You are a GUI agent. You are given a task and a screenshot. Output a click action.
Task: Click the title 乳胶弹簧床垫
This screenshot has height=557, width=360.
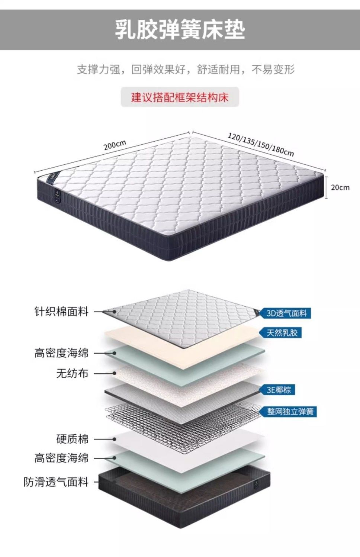(180, 30)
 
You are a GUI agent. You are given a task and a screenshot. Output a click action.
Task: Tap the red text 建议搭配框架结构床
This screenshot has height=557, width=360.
(180, 97)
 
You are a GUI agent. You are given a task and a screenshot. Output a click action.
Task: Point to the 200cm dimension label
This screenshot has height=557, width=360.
(115, 145)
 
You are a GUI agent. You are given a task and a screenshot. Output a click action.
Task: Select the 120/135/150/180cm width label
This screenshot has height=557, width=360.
(261, 144)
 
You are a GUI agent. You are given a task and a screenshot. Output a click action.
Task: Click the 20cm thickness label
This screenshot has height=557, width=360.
(340, 187)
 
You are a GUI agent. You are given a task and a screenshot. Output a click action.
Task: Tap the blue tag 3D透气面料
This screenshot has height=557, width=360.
(286, 313)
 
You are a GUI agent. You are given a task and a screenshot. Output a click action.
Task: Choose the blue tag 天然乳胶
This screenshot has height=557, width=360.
(282, 332)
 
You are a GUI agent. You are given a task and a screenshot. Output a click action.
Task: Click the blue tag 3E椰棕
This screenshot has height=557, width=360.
(279, 390)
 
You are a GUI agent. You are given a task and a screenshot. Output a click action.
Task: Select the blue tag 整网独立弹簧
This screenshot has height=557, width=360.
(290, 412)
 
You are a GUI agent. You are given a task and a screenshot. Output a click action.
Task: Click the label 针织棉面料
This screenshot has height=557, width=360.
(61, 311)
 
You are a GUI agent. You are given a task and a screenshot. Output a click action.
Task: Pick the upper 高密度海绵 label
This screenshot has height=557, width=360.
(61, 352)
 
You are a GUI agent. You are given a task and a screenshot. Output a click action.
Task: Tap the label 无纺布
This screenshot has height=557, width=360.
(72, 373)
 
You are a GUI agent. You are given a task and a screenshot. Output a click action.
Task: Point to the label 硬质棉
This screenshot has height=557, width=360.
(72, 439)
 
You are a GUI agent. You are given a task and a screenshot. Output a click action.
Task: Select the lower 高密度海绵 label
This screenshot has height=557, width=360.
(61, 458)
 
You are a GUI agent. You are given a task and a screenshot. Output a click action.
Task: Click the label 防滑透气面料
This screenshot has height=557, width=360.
(56, 482)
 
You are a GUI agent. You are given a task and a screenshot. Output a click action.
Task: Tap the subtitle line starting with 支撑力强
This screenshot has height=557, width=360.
(186, 70)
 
